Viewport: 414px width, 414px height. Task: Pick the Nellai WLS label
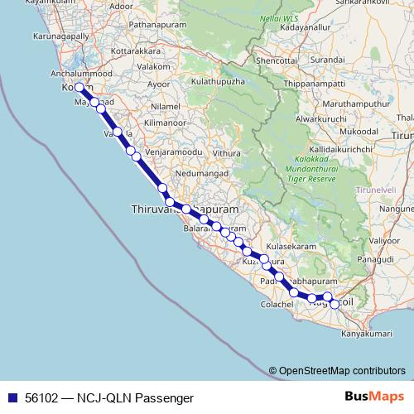tap(277, 17)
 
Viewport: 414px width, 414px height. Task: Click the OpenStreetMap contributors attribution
tap(342, 371)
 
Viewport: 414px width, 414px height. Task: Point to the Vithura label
tap(228, 153)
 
